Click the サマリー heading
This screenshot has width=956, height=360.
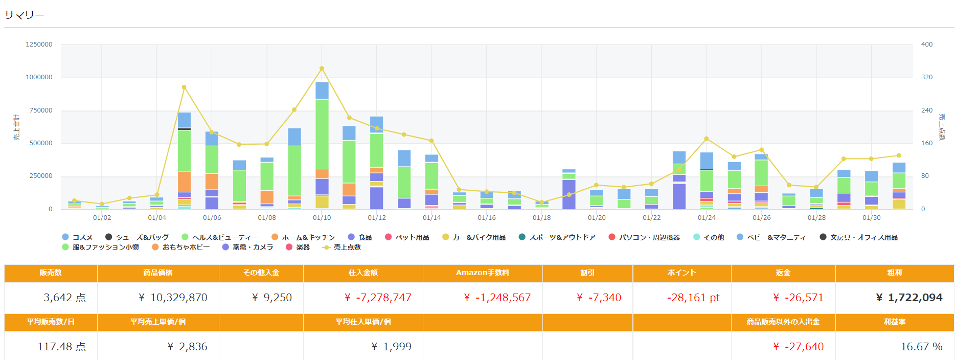click(x=24, y=15)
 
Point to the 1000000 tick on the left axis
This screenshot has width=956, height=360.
click(x=39, y=77)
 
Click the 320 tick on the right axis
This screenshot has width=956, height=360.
click(x=926, y=77)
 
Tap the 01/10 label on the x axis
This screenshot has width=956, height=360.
click(x=322, y=218)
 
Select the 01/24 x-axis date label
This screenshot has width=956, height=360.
click(x=707, y=218)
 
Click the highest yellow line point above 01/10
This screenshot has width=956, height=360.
click(x=322, y=69)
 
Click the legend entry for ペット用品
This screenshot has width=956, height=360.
click(x=407, y=237)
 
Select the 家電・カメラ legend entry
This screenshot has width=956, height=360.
click(x=248, y=247)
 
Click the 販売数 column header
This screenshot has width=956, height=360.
click(x=51, y=273)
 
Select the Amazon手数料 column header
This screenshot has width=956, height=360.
click(x=482, y=273)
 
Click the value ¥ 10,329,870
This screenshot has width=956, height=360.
click(x=173, y=298)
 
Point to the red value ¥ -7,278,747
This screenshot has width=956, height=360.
click(x=378, y=298)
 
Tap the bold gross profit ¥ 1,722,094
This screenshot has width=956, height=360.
click(x=909, y=298)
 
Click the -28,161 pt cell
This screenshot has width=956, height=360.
click(x=693, y=298)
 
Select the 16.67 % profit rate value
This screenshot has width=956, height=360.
click(x=921, y=347)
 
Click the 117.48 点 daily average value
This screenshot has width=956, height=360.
click(x=61, y=347)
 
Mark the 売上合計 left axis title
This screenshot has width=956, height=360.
click(x=17, y=127)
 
